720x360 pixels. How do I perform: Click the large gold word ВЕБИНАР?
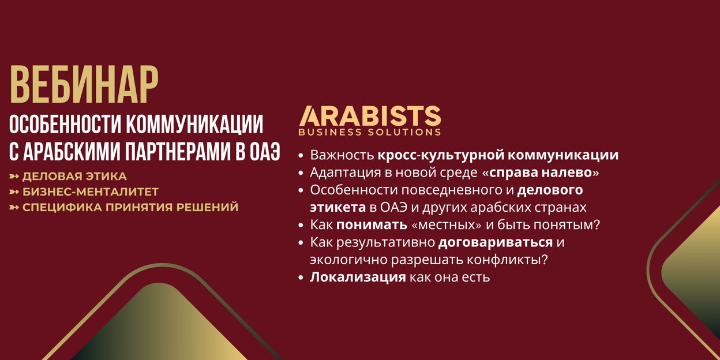click(x=84, y=85)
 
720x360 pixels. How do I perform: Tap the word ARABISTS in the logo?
click(x=370, y=116)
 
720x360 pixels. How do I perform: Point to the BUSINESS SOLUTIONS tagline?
click(x=370, y=132)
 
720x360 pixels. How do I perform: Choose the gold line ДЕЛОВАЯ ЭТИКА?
click(x=74, y=177)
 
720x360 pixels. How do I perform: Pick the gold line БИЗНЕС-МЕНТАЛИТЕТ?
click(x=91, y=192)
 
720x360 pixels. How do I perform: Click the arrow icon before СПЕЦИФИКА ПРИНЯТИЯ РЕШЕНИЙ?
click(x=14, y=207)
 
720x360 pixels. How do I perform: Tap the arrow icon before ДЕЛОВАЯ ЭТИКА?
click(x=14, y=177)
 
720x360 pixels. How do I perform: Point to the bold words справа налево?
click(x=541, y=172)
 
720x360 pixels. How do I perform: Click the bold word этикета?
click(x=338, y=208)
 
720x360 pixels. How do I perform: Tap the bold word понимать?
click(x=372, y=225)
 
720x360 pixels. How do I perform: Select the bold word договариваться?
click(x=496, y=242)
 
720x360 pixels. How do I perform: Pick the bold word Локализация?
click(x=358, y=277)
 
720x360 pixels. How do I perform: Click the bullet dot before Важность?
click(x=301, y=156)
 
